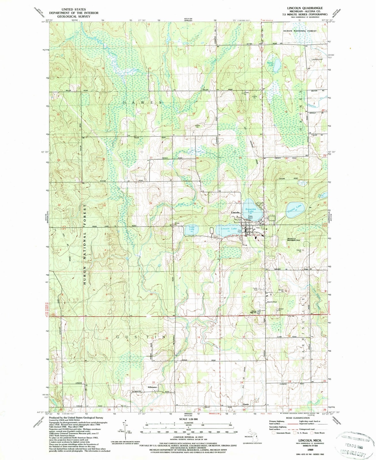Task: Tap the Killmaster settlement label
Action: [x=152, y=387]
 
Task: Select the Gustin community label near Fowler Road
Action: [x=246, y=404]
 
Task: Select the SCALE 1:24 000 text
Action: [x=188, y=419]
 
